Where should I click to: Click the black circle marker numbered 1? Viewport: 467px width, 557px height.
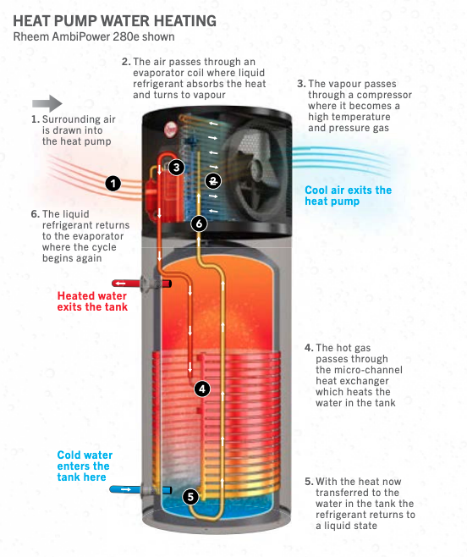pyautogui.click(x=113, y=182)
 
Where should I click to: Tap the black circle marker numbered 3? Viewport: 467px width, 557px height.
pyautogui.click(x=176, y=167)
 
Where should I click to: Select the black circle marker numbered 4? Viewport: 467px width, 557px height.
pyautogui.click(x=201, y=389)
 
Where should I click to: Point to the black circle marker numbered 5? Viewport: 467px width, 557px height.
pyautogui.click(x=190, y=497)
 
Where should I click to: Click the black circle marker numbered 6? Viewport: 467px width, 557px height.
pyautogui.click(x=199, y=223)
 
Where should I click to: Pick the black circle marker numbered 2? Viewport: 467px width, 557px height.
pyautogui.click(x=214, y=181)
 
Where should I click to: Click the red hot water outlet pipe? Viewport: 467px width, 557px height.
pyautogui.click(x=127, y=284)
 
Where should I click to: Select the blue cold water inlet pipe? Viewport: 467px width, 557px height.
pyautogui.click(x=127, y=489)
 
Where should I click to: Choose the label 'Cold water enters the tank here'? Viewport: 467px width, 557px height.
pyautogui.click(x=84, y=466)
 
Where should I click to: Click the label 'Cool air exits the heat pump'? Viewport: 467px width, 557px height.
pyautogui.click(x=348, y=196)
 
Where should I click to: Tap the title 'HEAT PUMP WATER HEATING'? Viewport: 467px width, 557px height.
pyautogui.click(x=114, y=20)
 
